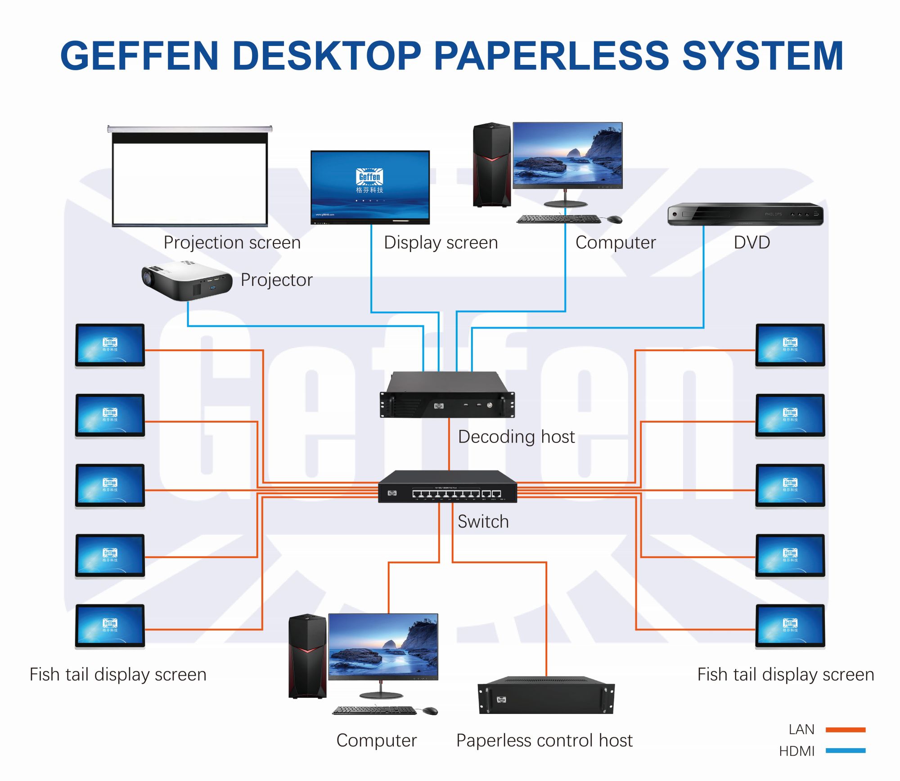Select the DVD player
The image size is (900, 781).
pos(745,214)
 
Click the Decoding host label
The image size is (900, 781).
pos(516,437)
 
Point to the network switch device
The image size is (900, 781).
pos(447,487)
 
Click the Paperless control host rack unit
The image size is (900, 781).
pos(546,695)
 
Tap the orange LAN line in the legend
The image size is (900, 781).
pos(846,730)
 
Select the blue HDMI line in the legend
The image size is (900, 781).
pos(846,750)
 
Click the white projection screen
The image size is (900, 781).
pos(189,182)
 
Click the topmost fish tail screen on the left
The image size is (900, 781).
pos(110,345)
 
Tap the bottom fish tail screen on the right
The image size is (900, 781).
pos(790,626)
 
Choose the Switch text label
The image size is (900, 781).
pos(483,522)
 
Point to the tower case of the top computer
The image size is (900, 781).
pos(492,165)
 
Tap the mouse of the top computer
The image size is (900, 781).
pos(614,219)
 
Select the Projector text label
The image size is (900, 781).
pos(276,280)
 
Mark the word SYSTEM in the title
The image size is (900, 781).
pos(762,56)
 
